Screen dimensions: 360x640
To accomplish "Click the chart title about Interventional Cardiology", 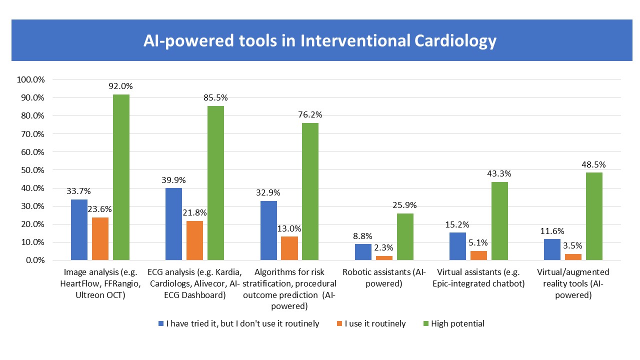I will point(320,41).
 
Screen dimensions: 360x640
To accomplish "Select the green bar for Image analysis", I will point(121,177).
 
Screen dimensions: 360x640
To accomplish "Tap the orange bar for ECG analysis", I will point(194,240).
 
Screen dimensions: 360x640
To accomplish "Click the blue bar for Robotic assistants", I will point(363,252).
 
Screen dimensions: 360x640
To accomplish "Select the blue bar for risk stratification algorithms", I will point(268,230).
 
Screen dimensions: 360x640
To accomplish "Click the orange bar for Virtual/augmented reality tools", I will point(573,257).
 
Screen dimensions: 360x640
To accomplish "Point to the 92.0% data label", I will point(120,86).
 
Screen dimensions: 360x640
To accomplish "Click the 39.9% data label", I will point(173,179).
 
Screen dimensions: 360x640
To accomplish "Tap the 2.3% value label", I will point(384,247).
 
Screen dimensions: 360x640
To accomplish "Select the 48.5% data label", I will point(594,164).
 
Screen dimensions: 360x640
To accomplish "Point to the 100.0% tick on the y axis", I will point(31,79).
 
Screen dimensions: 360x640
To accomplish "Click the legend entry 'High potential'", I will point(457,323).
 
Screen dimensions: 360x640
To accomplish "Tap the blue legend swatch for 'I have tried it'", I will point(161,323).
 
